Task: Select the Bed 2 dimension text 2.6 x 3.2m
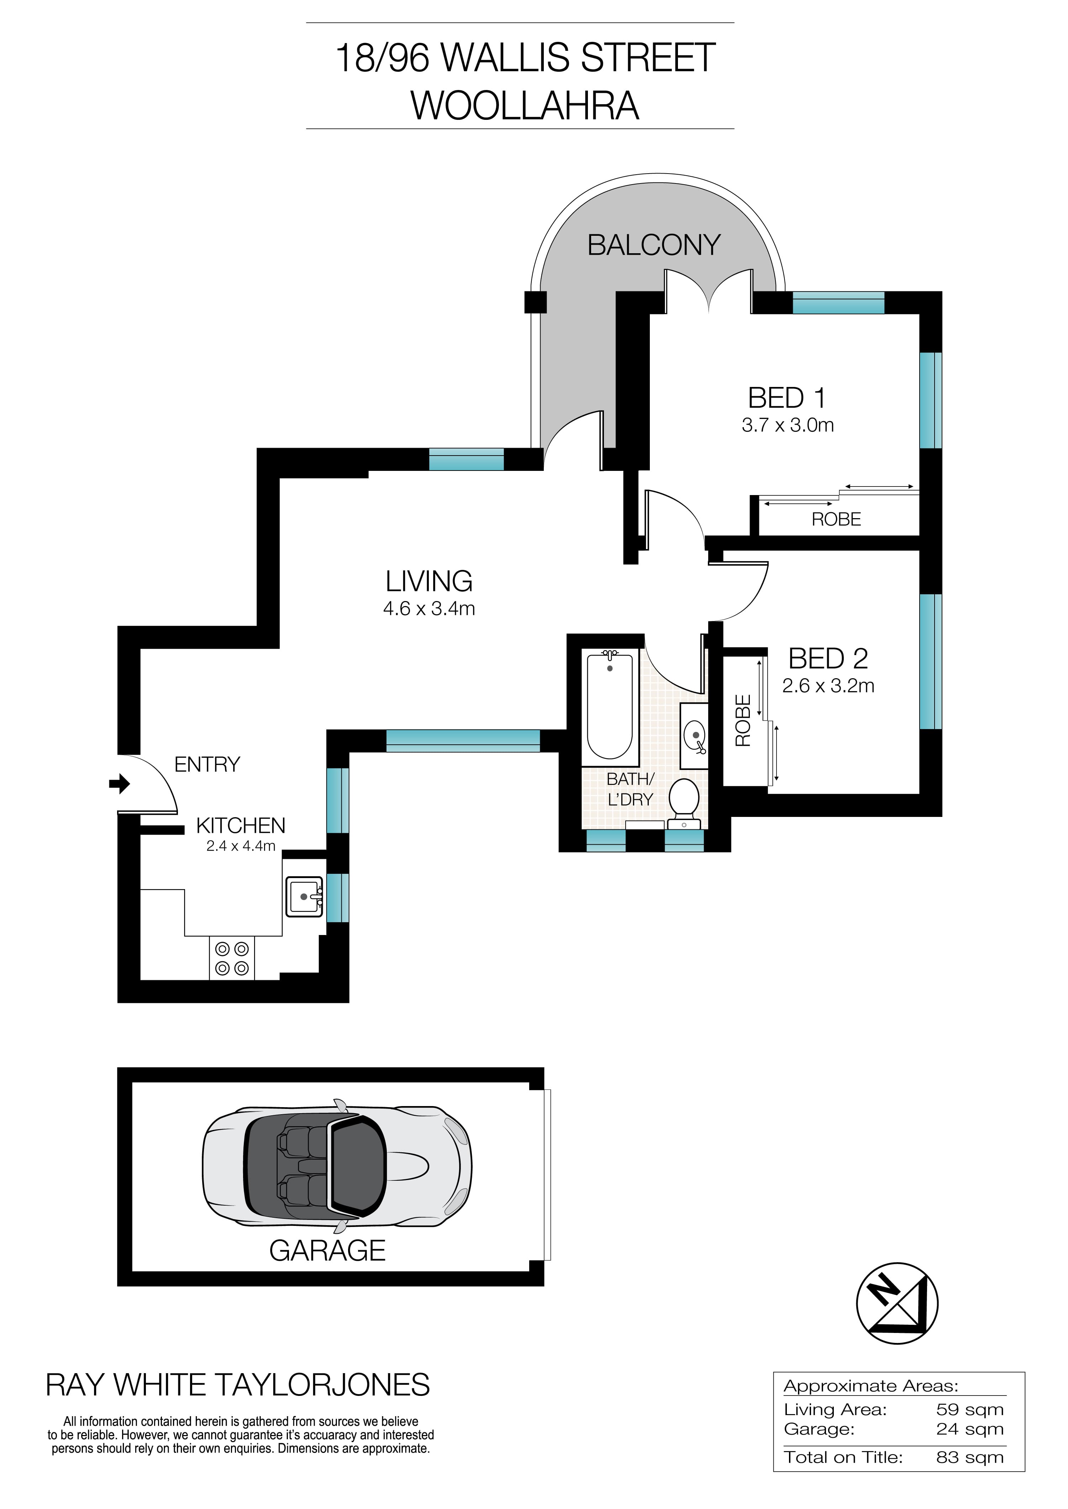(828, 686)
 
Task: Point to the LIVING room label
(429, 581)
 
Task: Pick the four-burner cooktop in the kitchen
(232, 958)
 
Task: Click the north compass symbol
(897, 1303)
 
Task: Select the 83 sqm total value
(969, 1458)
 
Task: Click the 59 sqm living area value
(969, 1410)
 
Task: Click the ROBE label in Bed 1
(836, 519)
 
